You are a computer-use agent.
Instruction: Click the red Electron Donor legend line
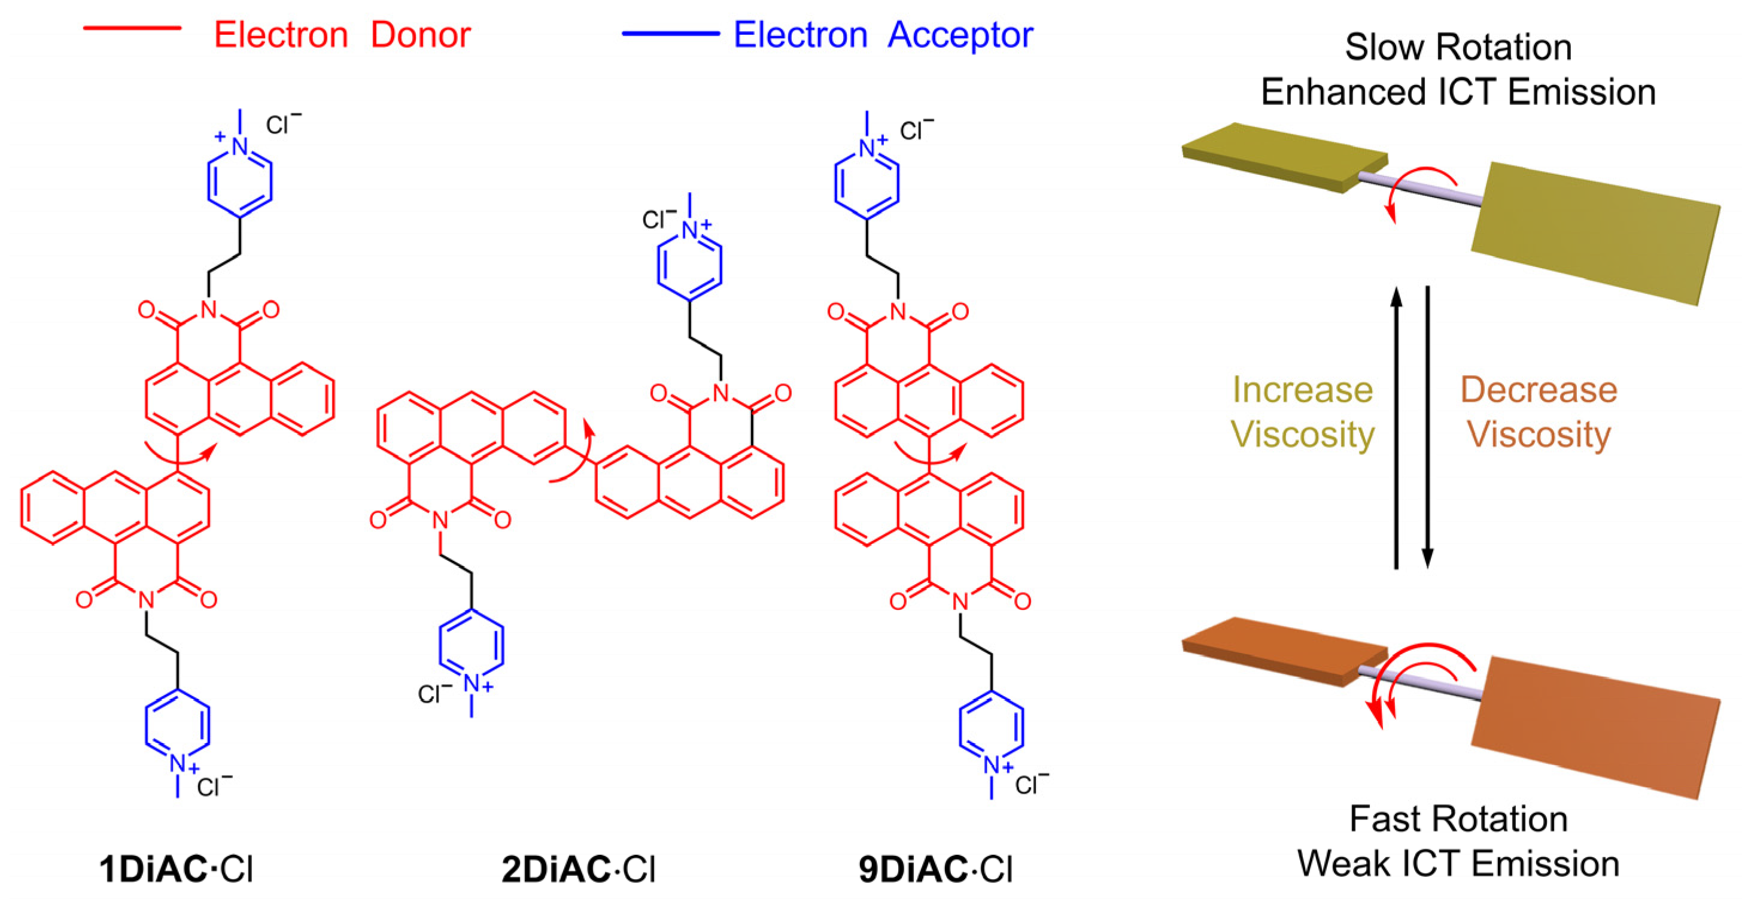click(132, 28)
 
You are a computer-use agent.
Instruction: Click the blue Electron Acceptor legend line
click(670, 33)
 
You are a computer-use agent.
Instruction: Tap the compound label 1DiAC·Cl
click(176, 869)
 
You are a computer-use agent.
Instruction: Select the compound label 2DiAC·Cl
click(578, 869)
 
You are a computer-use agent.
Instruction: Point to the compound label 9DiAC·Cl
click(936, 869)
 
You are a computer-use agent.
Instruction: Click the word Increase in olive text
click(1302, 390)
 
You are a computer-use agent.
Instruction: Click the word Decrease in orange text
click(1539, 390)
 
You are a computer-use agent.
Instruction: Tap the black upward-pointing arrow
click(1396, 426)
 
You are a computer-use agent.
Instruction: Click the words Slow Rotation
click(1458, 47)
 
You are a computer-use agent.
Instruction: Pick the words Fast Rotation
click(1458, 819)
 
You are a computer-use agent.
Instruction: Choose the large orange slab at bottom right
click(1596, 727)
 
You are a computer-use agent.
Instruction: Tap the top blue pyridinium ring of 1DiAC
click(239, 181)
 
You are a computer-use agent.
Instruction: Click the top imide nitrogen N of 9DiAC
click(898, 311)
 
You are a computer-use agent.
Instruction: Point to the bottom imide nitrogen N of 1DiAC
click(146, 599)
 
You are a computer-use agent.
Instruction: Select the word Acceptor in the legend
click(960, 35)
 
